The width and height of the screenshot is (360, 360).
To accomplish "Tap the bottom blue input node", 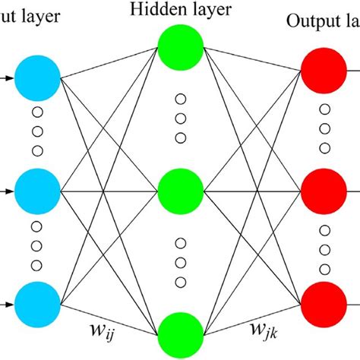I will click(37, 303).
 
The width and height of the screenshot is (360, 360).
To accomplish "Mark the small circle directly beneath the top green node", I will click(180, 99).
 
